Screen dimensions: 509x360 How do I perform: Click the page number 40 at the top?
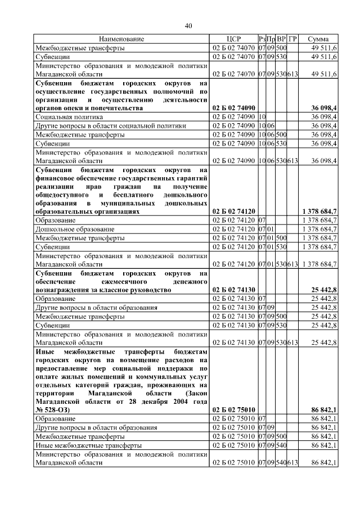pos(188,25)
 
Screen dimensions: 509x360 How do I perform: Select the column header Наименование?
pos(121,39)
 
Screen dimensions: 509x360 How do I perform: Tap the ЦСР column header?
pos(233,39)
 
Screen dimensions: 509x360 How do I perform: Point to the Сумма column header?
pos(318,39)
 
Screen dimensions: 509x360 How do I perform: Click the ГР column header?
pos(292,39)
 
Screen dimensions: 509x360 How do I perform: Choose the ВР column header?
pos(282,39)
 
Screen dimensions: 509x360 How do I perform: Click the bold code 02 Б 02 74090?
pos(234,107)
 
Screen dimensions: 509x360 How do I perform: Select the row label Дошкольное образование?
pos(74,229)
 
